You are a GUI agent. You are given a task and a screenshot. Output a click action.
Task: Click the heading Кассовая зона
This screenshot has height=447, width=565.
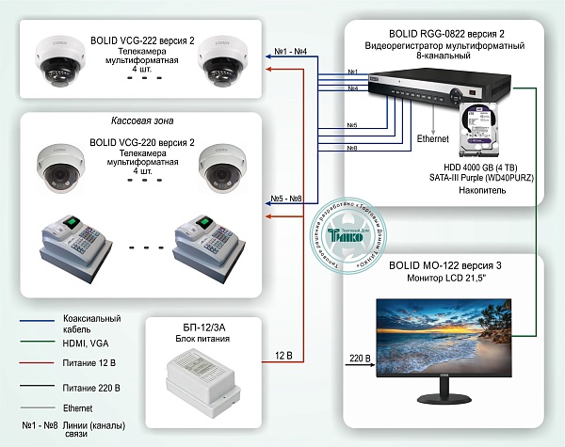(139, 122)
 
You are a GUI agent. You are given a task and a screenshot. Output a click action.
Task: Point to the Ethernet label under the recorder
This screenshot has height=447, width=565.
(432, 138)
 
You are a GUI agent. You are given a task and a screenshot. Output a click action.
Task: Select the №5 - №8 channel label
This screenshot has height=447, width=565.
(286, 200)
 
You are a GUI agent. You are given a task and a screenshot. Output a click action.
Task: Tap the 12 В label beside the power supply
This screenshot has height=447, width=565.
(285, 356)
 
